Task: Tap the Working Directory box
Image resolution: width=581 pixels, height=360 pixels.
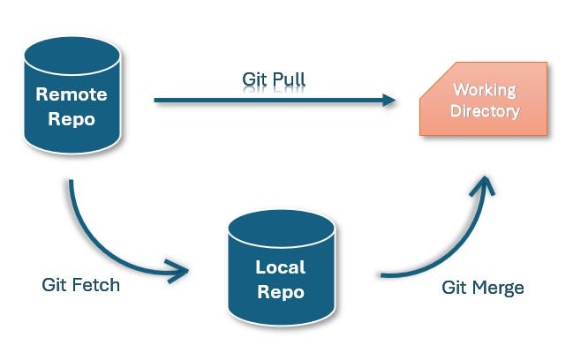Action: [483, 100]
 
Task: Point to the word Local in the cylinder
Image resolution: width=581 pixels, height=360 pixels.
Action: [280, 266]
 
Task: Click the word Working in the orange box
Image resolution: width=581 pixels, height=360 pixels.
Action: [484, 90]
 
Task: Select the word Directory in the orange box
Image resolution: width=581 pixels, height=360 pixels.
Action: [484, 111]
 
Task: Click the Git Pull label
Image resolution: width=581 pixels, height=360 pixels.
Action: [274, 79]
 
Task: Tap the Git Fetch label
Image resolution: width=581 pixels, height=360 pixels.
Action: [80, 286]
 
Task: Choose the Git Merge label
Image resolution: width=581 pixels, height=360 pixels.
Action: [481, 288]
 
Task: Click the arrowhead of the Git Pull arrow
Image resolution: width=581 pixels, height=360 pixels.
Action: [388, 100]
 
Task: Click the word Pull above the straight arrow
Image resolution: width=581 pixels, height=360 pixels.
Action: [290, 79]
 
